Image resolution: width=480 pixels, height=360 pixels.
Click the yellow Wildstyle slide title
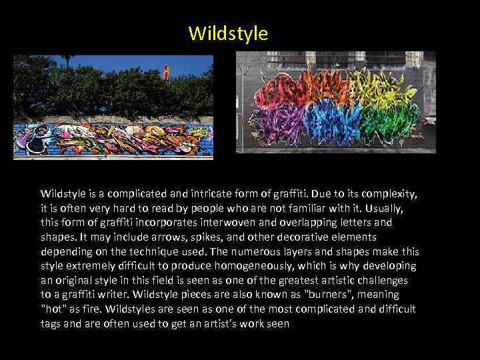click(x=228, y=33)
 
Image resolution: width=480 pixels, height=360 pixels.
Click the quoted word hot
click(x=53, y=309)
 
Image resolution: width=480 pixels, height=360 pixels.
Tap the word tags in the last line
click(x=51, y=323)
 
